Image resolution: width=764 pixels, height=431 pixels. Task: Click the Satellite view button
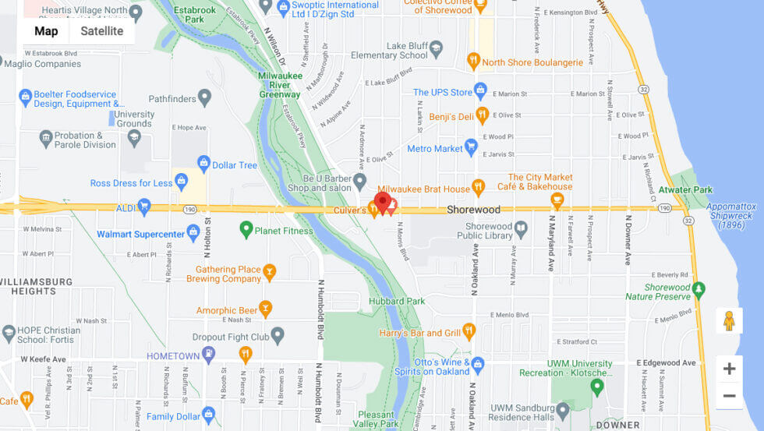click(102, 31)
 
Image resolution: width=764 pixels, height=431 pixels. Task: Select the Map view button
click(46, 31)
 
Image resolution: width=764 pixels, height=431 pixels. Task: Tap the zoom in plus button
click(729, 369)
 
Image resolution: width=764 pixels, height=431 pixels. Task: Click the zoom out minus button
click(729, 396)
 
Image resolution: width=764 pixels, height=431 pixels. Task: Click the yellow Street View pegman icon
click(729, 320)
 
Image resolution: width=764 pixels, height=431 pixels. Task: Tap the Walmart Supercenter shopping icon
click(193, 233)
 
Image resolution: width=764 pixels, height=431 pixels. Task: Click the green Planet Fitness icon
click(246, 229)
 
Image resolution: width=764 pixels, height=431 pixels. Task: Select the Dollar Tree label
click(235, 165)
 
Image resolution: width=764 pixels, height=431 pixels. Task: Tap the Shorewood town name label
click(473, 210)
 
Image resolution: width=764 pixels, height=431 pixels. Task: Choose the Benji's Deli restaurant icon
click(482, 116)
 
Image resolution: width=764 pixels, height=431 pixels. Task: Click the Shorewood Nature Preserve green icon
click(699, 290)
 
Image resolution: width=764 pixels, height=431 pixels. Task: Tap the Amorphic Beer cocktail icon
click(265, 309)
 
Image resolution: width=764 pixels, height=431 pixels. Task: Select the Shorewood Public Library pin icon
click(522, 229)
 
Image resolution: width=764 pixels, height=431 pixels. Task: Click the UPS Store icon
click(480, 90)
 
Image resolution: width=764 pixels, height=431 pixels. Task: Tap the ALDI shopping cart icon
click(143, 206)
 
